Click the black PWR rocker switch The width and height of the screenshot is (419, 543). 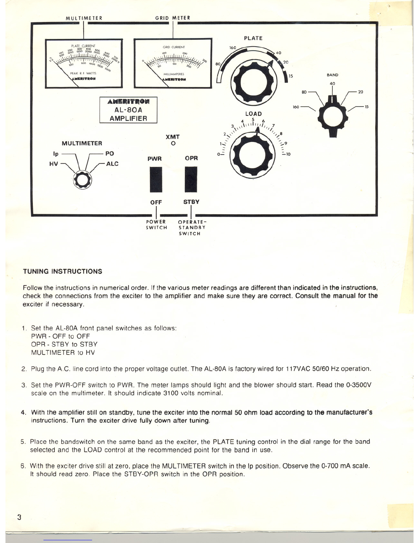coord(156,180)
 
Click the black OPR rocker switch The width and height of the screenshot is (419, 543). coord(191,180)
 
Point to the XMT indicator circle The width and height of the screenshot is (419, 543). coord(173,143)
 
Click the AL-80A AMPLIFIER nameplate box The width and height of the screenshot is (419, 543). coord(128,110)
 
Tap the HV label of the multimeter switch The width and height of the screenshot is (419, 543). coord(54,164)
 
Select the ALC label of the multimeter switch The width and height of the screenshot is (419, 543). coord(112,164)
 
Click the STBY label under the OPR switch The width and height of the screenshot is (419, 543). coord(191,202)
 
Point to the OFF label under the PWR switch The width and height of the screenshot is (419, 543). coord(156,202)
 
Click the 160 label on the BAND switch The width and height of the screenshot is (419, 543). coord(296,107)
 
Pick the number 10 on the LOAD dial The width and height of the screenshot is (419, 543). coord(288,155)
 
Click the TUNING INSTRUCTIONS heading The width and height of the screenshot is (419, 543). coord(62,271)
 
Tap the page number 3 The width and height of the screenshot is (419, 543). coord(20,517)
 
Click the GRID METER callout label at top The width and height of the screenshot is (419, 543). coord(173,18)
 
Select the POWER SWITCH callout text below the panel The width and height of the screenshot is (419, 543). coord(156,225)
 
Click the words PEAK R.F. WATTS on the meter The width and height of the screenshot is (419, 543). coord(83,73)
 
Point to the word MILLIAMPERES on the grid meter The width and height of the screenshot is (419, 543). coord(174,74)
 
